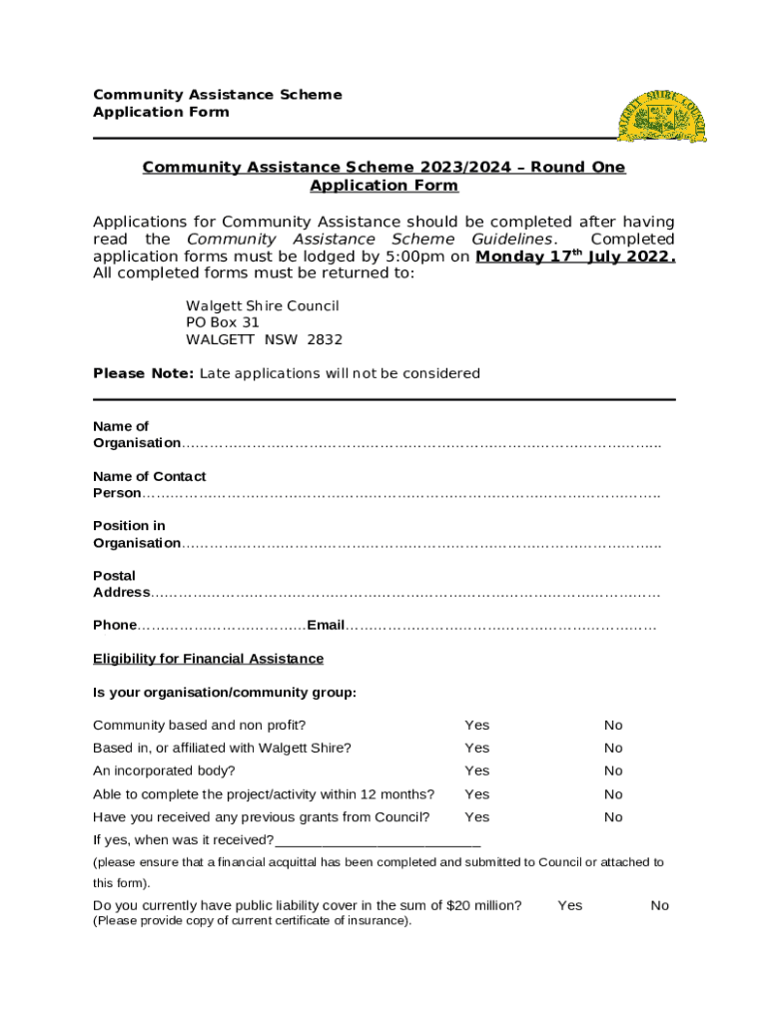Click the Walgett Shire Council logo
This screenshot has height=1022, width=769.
661,116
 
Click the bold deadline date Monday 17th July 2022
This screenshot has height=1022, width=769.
575,256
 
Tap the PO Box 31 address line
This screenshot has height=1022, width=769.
223,322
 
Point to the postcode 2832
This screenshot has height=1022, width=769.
325,339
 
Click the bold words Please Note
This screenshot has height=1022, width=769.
144,373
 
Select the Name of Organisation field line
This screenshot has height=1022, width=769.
419,443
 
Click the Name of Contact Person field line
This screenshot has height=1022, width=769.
399,493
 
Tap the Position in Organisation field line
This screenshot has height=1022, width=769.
419,543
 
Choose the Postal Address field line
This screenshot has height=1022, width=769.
404,593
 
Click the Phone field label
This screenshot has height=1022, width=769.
115,625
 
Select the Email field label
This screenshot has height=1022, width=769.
326,625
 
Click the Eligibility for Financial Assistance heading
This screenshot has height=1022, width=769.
208,659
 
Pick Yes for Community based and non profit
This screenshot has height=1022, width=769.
477,726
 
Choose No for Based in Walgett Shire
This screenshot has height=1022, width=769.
613,749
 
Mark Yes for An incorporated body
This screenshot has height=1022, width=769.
477,771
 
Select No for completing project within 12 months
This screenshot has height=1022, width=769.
613,794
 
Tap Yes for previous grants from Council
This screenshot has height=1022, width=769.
477,817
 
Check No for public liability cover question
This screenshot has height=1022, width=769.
660,905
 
